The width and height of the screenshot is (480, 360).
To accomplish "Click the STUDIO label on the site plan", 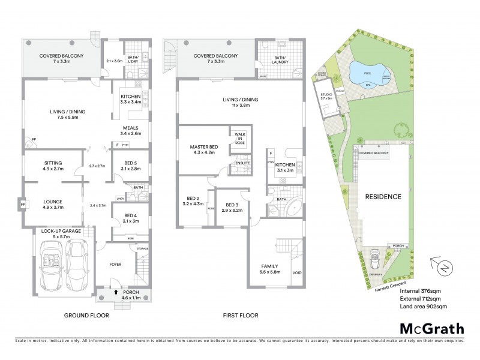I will tap(326, 95).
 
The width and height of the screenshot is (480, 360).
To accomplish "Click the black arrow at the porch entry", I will tap(115, 293).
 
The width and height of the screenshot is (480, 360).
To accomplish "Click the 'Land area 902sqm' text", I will tap(423, 307).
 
